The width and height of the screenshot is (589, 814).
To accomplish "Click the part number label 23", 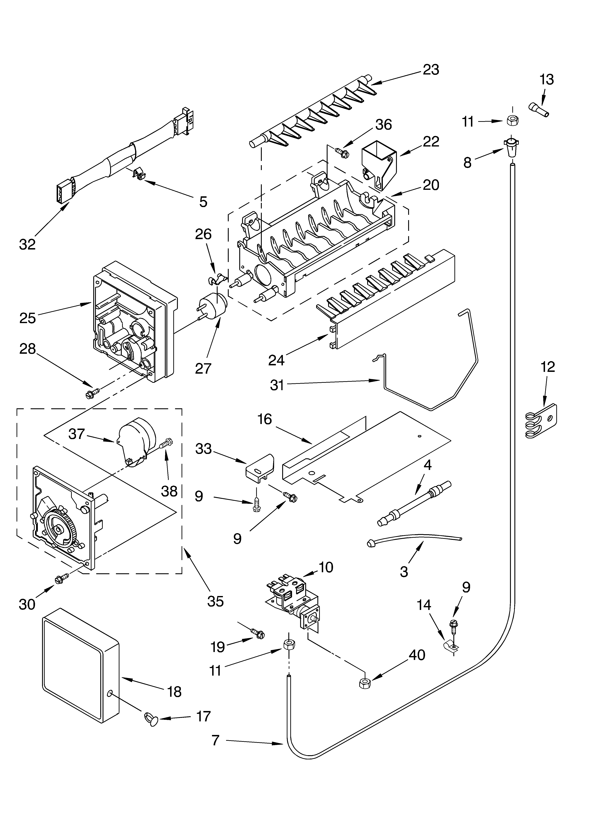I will point(431,70).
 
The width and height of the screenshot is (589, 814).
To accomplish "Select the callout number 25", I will point(28,318).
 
